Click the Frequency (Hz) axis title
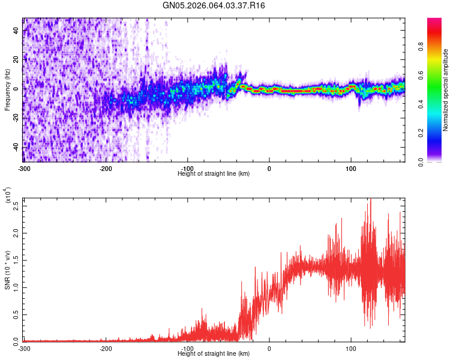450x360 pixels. pyautogui.click(x=7, y=90)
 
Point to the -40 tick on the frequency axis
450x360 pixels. pyautogui.click(x=16, y=146)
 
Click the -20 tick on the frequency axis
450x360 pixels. pyautogui.click(x=16, y=118)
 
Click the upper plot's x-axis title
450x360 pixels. pyautogui.click(x=214, y=173)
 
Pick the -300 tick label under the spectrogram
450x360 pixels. pyautogui.click(x=24, y=168)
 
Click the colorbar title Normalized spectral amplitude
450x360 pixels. pyautogui.click(x=445, y=90)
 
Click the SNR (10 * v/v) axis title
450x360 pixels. pyautogui.click(x=7, y=270)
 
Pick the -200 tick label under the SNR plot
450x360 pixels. pyautogui.click(x=106, y=348)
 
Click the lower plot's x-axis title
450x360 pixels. pyautogui.click(x=214, y=353)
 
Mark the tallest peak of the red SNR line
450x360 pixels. pyautogui.click(x=371, y=199)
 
